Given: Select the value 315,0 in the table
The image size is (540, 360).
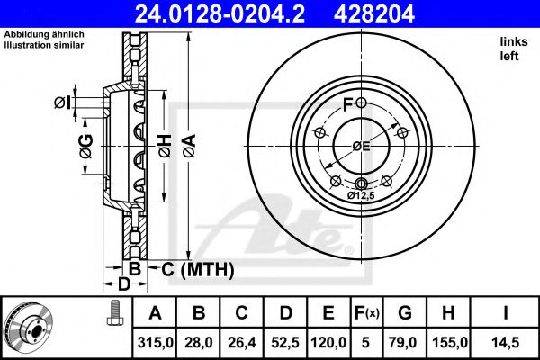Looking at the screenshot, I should (155, 341).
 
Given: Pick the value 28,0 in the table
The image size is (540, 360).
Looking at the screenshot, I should (200, 341).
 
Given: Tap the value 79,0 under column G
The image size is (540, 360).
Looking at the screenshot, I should (405, 341).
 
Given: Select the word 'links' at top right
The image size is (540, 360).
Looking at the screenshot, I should (512, 43).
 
